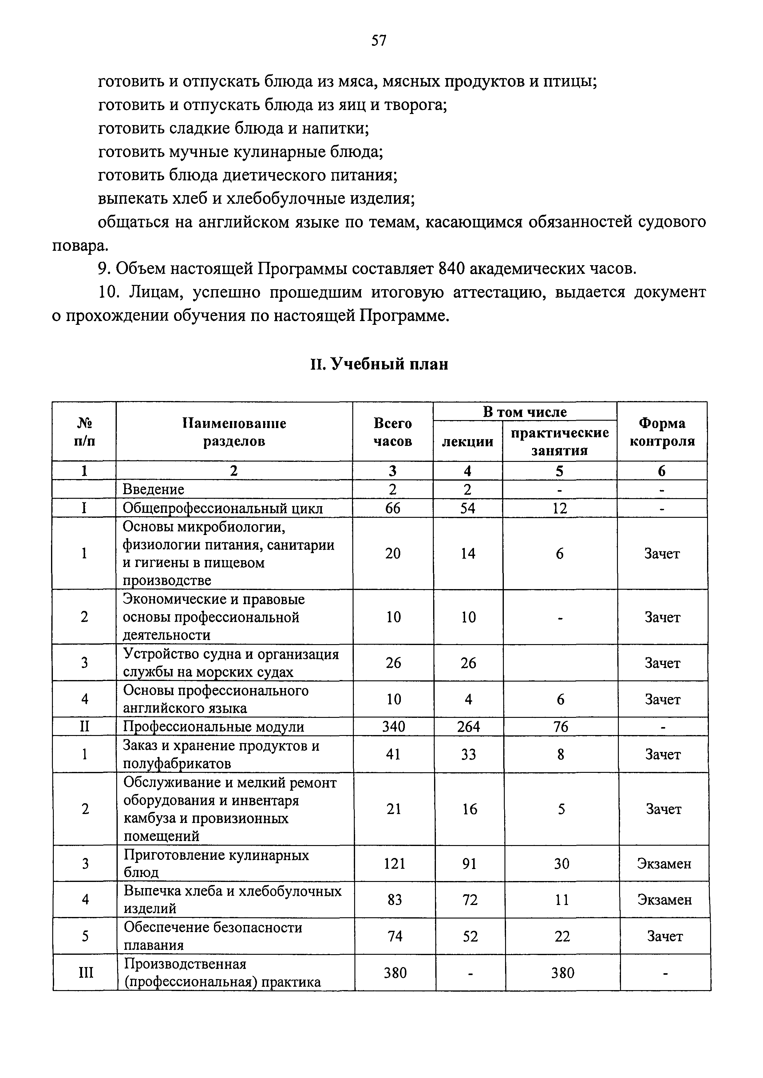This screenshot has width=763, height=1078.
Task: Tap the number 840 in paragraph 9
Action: (451, 269)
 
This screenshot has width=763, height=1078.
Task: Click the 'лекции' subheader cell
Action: (468, 441)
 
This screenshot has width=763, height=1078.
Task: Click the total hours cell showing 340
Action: (393, 727)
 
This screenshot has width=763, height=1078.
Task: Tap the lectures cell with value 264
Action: (468, 727)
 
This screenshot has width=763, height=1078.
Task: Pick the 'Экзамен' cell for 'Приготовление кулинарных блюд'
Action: (664, 864)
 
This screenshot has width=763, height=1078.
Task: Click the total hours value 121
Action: (394, 864)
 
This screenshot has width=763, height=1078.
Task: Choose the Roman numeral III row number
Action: (85, 972)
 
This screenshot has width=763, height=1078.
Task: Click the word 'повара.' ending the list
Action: (80, 246)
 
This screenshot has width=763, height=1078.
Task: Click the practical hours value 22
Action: (562, 937)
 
